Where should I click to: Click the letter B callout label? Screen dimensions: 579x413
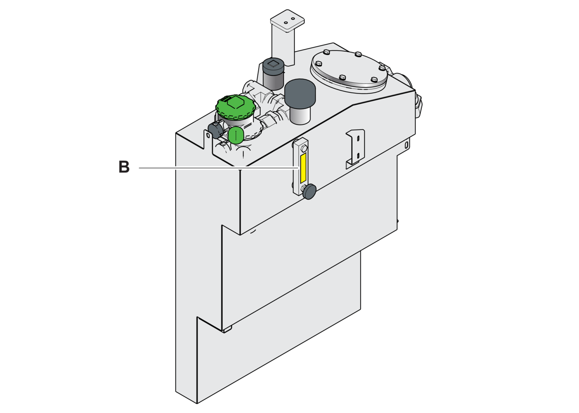(x=124, y=167)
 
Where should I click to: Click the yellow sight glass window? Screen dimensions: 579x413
(x=303, y=168)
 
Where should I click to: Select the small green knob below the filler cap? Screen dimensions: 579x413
(x=235, y=135)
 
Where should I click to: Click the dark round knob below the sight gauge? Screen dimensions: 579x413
(x=309, y=191)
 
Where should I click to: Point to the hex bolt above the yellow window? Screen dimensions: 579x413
(x=304, y=148)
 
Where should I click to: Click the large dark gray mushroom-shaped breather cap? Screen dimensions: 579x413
(x=300, y=94)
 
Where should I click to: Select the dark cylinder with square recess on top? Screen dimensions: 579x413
(x=273, y=74)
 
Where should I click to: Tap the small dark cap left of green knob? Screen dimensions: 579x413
(x=215, y=130)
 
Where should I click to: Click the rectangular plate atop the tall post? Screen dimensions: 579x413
(x=287, y=21)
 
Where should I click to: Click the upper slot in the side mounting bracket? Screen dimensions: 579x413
(x=358, y=138)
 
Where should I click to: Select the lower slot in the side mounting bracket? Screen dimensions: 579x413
(x=358, y=156)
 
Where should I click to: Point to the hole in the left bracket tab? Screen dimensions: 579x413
(x=208, y=135)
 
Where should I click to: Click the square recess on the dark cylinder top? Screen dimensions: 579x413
(x=273, y=63)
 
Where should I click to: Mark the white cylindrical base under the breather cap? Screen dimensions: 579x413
(x=300, y=115)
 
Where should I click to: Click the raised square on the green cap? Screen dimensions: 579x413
(x=235, y=102)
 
